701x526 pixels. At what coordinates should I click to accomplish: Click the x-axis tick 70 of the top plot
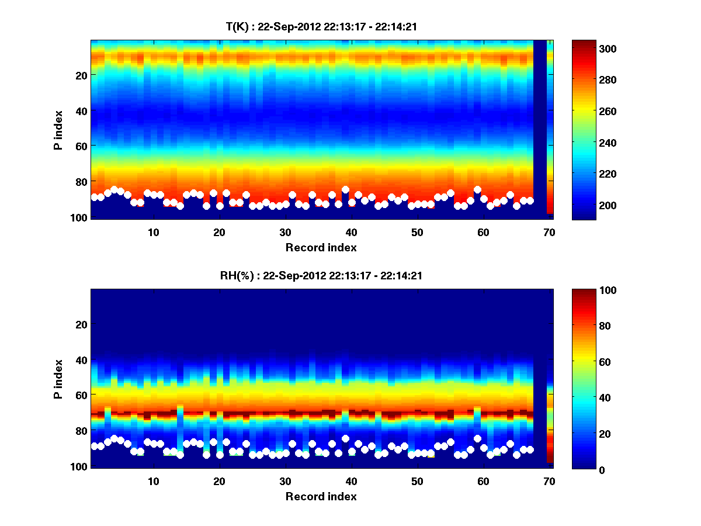(x=549, y=232)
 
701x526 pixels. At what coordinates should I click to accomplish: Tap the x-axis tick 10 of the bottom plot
(x=153, y=481)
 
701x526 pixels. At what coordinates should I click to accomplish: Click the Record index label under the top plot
(x=321, y=247)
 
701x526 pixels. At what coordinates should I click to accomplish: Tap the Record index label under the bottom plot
(x=321, y=496)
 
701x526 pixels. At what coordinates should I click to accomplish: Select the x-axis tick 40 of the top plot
(x=351, y=232)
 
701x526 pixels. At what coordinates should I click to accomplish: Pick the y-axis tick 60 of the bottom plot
(x=81, y=395)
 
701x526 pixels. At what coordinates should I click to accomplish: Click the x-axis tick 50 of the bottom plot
(x=417, y=481)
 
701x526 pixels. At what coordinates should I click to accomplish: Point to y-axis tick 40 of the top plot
(x=81, y=110)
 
